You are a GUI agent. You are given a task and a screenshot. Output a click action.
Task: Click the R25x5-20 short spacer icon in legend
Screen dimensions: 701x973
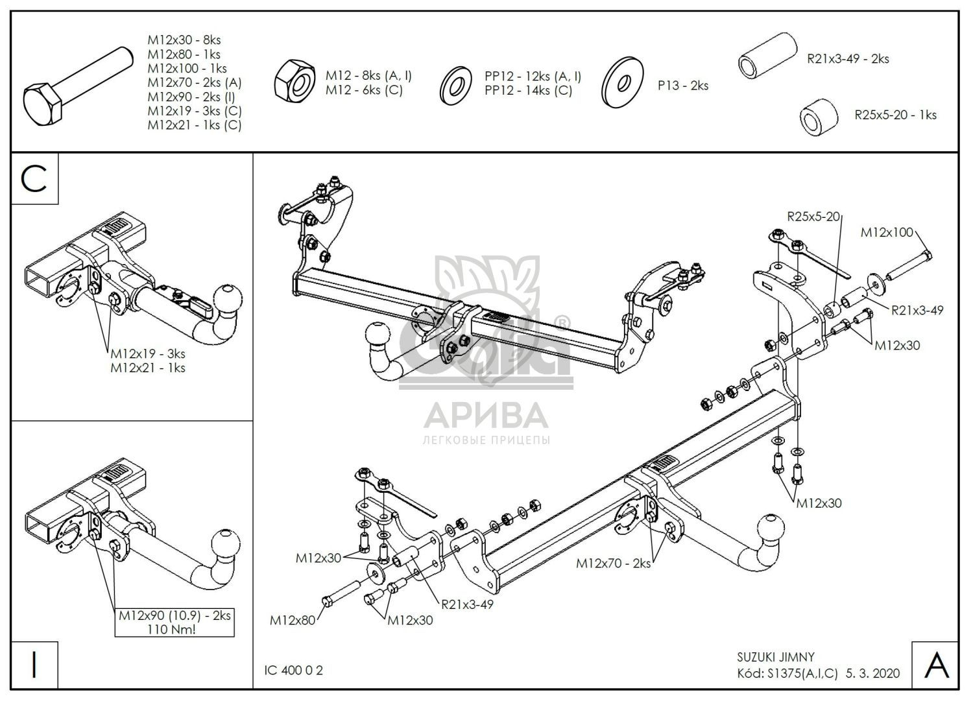[817, 117]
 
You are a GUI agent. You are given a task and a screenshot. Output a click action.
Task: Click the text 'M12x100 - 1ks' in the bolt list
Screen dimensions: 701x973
[187, 68]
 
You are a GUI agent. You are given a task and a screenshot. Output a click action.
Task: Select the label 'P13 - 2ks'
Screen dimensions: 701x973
[682, 85]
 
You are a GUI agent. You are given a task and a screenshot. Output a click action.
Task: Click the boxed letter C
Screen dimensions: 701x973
[35, 178]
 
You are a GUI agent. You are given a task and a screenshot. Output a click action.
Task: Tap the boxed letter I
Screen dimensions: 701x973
[35, 665]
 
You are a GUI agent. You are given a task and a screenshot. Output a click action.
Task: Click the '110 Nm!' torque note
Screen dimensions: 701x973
[174, 628]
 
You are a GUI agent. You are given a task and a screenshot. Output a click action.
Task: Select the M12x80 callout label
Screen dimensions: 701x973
[292, 621]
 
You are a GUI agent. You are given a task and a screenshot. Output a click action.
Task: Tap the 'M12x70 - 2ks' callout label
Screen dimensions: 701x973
[613, 564]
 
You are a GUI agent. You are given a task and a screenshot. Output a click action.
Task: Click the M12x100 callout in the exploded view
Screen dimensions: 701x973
[886, 232]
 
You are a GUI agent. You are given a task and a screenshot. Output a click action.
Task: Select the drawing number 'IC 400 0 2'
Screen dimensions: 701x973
[294, 671]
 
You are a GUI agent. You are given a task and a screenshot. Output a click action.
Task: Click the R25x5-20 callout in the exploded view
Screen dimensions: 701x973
[813, 217]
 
